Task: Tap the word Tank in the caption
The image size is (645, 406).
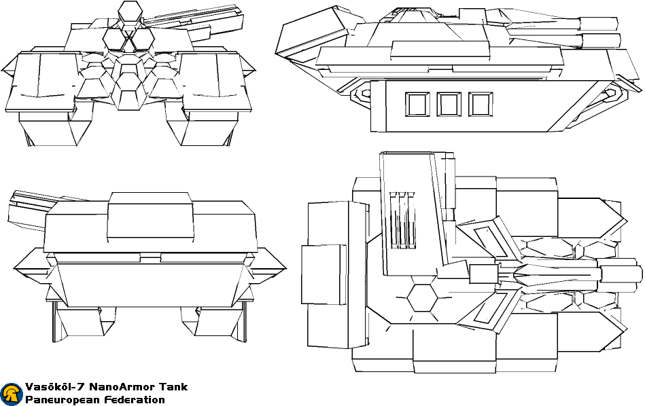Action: (x=173, y=387)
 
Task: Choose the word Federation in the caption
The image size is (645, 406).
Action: (x=134, y=400)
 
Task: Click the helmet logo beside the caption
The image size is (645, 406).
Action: (x=12, y=394)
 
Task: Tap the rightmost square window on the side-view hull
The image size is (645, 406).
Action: (x=481, y=105)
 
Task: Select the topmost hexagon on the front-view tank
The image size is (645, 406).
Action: (x=129, y=13)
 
